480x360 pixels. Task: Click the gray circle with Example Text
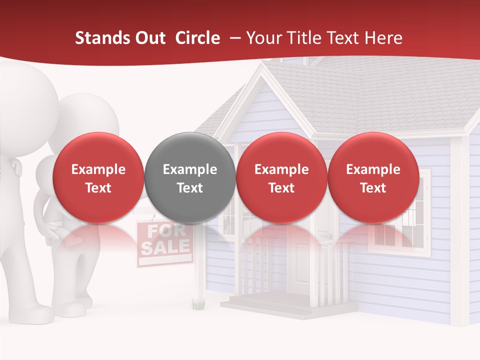[x=190, y=178]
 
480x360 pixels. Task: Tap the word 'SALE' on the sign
[x=165, y=247]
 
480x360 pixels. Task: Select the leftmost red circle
[x=98, y=178]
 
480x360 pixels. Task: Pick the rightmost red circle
[x=373, y=178]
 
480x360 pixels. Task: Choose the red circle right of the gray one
[x=281, y=178]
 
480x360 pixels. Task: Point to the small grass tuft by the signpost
[x=198, y=303]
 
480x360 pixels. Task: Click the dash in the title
[x=233, y=38]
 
